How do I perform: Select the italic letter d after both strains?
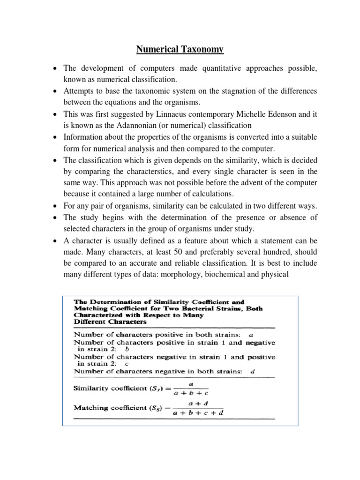[253, 372]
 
